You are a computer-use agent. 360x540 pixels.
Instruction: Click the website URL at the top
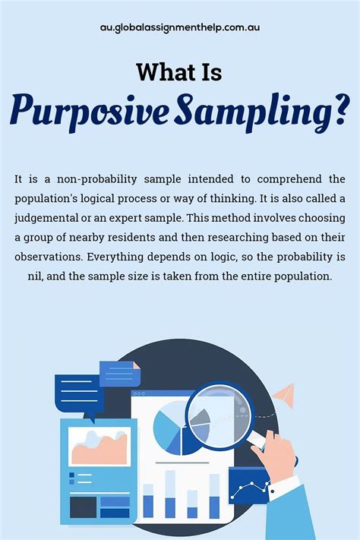coord(180,27)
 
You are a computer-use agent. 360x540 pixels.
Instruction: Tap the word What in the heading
coord(163,72)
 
